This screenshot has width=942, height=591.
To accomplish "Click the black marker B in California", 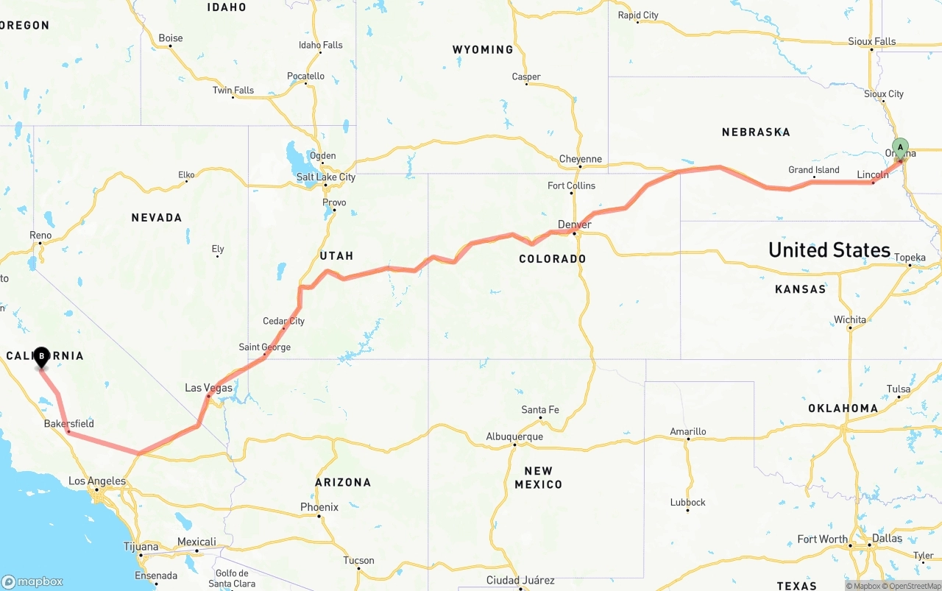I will [x=42, y=357].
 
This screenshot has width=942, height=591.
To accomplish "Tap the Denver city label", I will [x=574, y=224].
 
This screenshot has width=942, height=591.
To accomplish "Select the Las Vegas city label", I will [x=208, y=388].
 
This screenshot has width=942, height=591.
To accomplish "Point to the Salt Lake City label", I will [x=325, y=177].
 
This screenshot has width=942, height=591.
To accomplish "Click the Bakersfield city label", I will [x=68, y=424].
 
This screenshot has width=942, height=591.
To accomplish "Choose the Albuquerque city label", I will [x=514, y=436].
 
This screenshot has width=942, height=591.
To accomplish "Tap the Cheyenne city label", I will [x=580, y=159].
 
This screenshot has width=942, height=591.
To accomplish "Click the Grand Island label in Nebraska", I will [x=813, y=170].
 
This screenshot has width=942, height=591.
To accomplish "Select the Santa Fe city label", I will [x=540, y=410].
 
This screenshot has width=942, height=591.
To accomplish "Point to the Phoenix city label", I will [x=319, y=507].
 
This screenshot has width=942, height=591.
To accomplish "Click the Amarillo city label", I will [x=688, y=431].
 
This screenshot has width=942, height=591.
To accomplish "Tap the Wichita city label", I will [x=850, y=319].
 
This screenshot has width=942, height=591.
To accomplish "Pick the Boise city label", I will [x=171, y=38].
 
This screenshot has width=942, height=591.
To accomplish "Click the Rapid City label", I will [x=638, y=15].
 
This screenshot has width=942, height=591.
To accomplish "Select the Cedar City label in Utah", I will [x=283, y=321].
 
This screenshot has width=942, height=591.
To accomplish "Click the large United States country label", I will [x=829, y=250].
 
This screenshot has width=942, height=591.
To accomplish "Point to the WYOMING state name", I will [x=483, y=50].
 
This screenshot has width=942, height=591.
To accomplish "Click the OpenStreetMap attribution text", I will [x=913, y=586].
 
